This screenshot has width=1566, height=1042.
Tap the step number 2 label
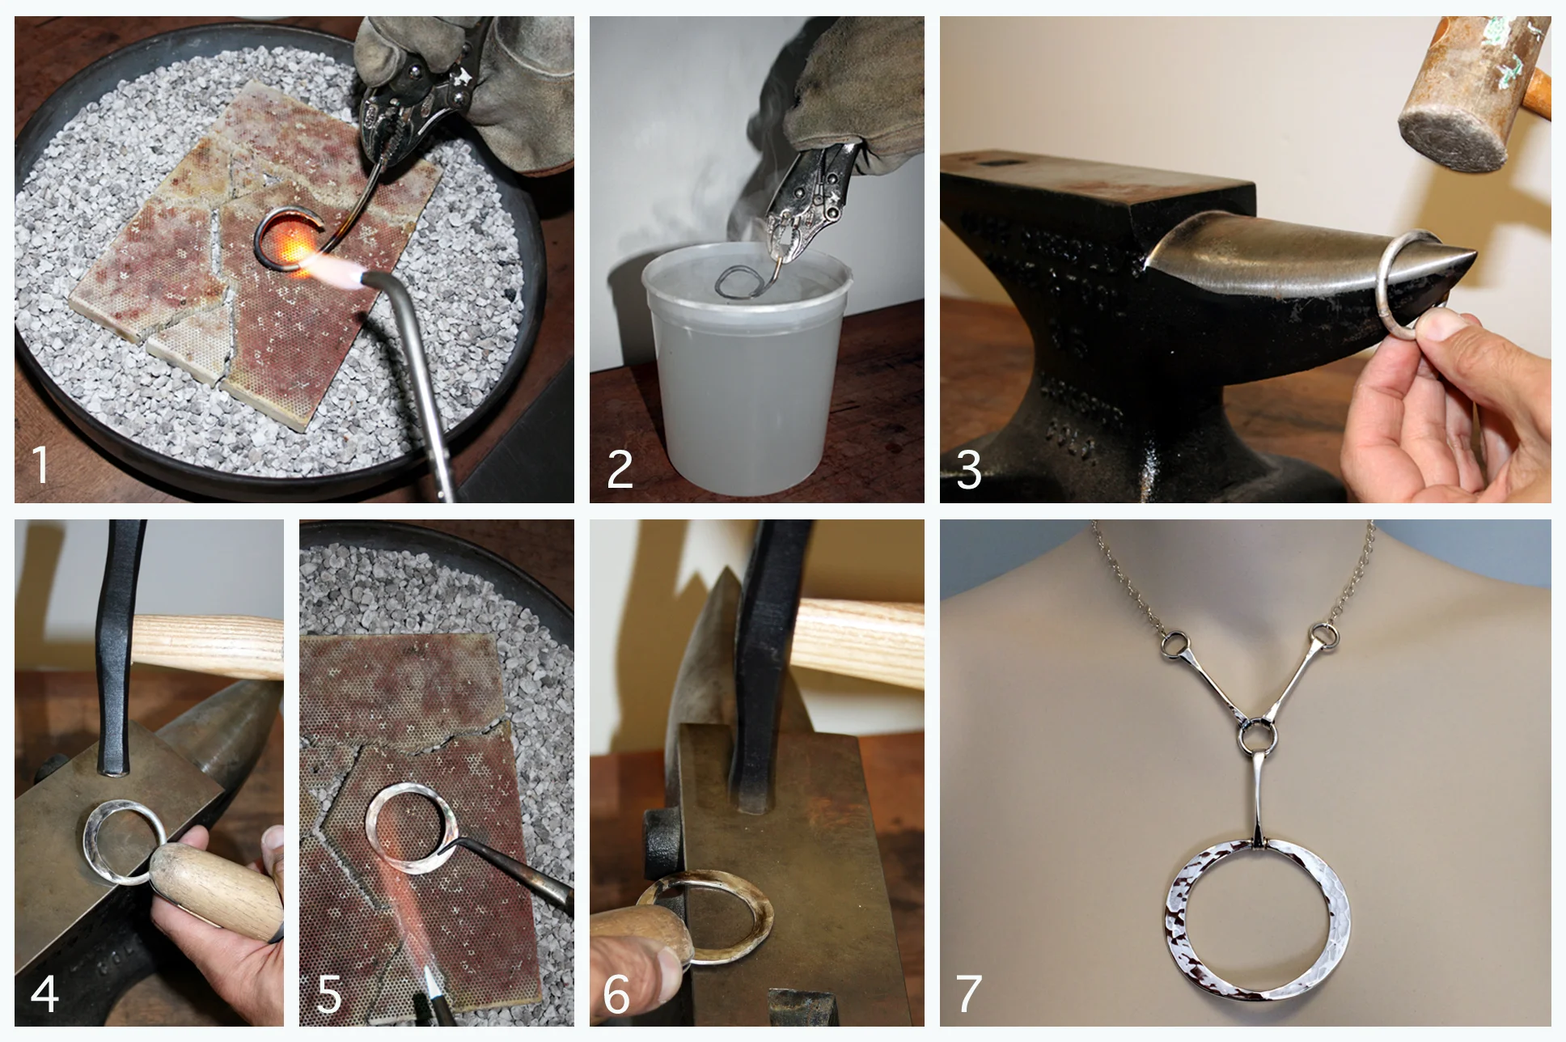(620, 469)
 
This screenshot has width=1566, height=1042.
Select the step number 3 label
(968, 469)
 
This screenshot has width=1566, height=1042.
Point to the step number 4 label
(44, 993)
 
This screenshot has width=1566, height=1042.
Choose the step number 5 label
(328, 993)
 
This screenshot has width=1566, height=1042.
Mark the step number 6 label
(616, 993)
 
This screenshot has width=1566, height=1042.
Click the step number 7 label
(968, 993)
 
